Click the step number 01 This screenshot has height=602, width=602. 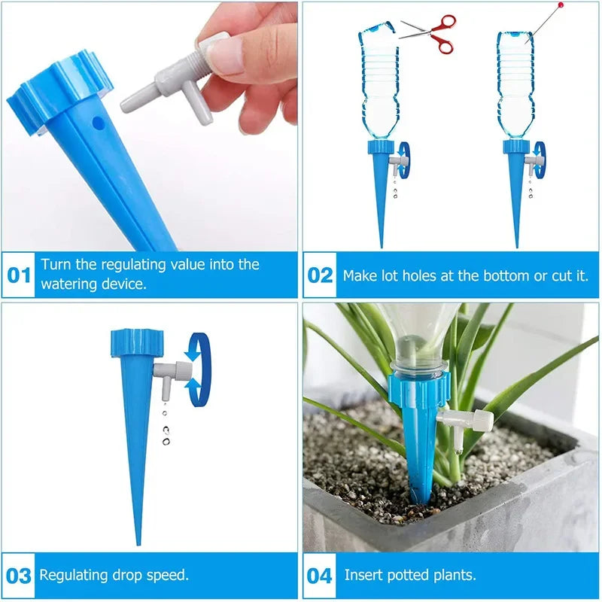pyautogui.click(x=19, y=275)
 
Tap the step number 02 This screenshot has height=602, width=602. pyautogui.click(x=320, y=275)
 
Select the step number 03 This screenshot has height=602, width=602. pyautogui.click(x=19, y=576)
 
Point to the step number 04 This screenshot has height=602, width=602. pyautogui.click(x=320, y=576)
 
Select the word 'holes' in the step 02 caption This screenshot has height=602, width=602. pyautogui.click(x=415, y=275)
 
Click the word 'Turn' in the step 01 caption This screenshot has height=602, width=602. pyautogui.click(x=56, y=264)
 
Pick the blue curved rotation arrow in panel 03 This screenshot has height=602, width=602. pyautogui.click(x=199, y=369)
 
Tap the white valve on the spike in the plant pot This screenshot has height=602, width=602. pyautogui.click(x=467, y=421)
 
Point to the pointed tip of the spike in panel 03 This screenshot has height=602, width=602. pyautogui.click(x=138, y=540)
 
